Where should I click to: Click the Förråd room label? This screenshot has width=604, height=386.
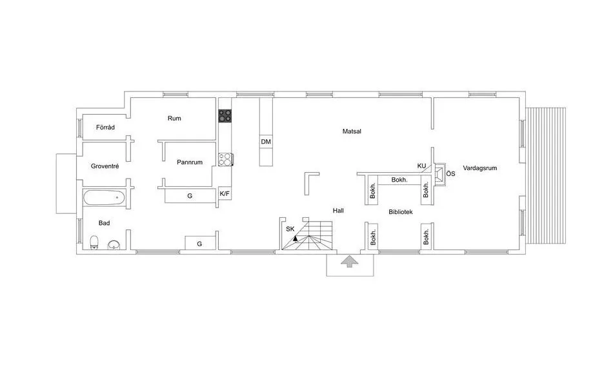pos(105,128)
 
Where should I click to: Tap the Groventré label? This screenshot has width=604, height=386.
pos(105,166)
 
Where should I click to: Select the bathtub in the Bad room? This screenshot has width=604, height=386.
pos(104,197)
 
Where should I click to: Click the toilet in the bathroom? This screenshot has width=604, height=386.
pos(94,242)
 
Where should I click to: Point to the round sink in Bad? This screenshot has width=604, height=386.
pos(114,244)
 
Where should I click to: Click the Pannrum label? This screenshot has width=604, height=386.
pos(190,162)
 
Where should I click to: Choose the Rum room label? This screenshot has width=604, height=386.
pos(174,119)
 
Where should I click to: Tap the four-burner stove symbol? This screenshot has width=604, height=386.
pos(225,116)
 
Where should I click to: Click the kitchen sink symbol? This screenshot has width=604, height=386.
pos(225,159)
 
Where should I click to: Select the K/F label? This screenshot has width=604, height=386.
pos(225,193)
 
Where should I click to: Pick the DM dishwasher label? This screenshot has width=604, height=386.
pos(266,142)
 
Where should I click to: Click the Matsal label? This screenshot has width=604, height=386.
pos(352,131)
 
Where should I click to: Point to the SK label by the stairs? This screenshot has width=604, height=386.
pos(290,229)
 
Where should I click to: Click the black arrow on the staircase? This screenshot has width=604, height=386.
pos(296,238)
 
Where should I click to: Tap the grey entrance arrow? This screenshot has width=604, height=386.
pos(349,261)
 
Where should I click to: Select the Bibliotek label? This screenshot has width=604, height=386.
pos(400,211)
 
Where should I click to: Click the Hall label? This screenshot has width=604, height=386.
pos(338,211)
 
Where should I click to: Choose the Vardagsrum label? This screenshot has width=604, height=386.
pos(480,168)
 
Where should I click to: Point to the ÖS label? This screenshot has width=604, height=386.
pos(451,173)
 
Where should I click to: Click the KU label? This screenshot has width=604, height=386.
pos(421,166)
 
